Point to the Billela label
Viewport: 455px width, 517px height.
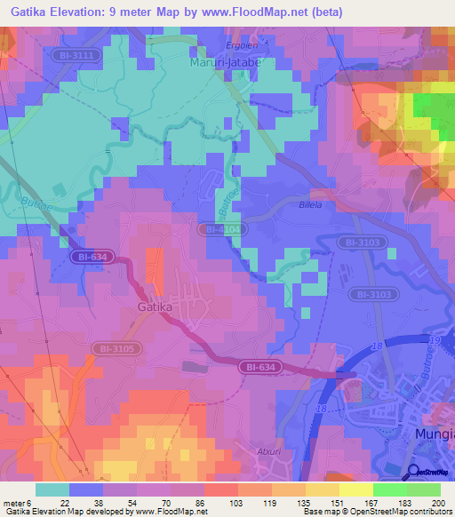tap(310, 203)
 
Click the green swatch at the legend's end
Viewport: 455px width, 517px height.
tap(424, 489)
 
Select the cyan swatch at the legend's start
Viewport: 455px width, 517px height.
tap(52, 489)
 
